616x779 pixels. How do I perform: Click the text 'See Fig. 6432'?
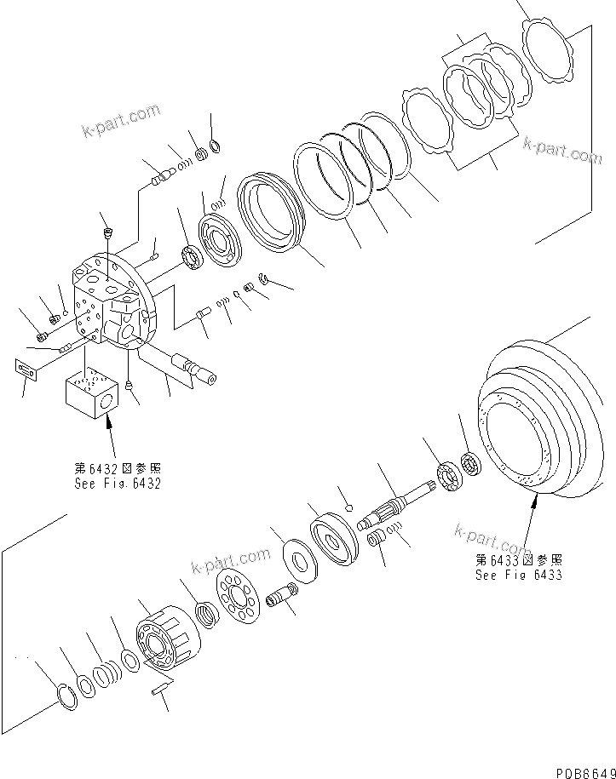pyautogui.click(x=117, y=484)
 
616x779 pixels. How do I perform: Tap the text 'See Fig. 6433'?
pyautogui.click(x=518, y=575)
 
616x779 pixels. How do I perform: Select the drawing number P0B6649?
pyautogui.click(x=583, y=771)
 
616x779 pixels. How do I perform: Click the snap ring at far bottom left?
pyautogui.click(x=66, y=696)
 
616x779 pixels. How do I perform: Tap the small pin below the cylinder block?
pyautogui.click(x=161, y=688)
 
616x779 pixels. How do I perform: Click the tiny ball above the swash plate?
pyautogui.click(x=348, y=508)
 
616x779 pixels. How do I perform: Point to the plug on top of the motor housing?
pyautogui.click(x=107, y=233)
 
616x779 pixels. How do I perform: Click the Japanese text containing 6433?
pyautogui.click(x=518, y=560)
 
